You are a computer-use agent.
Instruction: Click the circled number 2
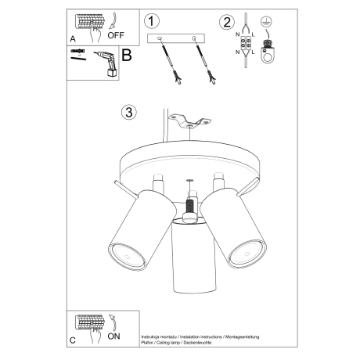click(x=228, y=20)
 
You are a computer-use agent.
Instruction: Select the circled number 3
click(x=129, y=112)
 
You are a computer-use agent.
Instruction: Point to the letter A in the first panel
click(x=73, y=38)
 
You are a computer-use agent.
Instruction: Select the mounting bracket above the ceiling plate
click(x=190, y=121)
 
